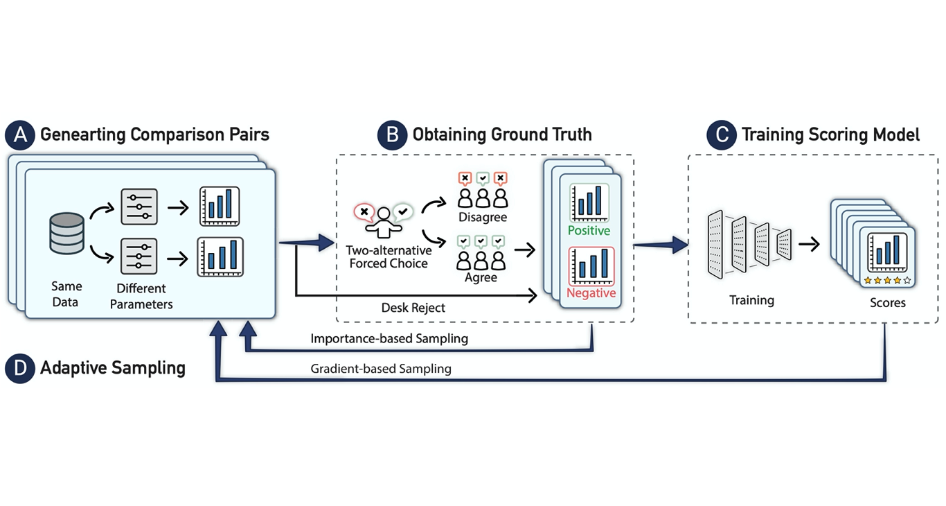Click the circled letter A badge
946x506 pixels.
pyautogui.click(x=20, y=135)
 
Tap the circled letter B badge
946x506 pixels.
pyautogui.click(x=392, y=135)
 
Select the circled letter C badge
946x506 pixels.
pyautogui.click(x=722, y=135)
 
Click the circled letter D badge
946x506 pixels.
pyautogui.click(x=20, y=368)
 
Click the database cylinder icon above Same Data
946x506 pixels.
pyautogui.click(x=67, y=234)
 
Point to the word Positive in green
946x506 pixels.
pyautogui.click(x=589, y=230)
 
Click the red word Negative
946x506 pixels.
pyautogui.click(x=591, y=293)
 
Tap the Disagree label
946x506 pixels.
pyautogui.click(x=483, y=218)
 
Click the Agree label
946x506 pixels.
pyautogui.click(x=481, y=277)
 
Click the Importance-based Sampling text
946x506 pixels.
pyautogui.click(x=389, y=339)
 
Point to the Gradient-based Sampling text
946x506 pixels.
pyautogui.click(x=381, y=369)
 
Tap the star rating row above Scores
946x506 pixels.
pyautogui.click(x=888, y=281)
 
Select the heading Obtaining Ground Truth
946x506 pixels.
pyautogui.click(x=502, y=134)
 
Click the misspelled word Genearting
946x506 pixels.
pyautogui.click(x=80, y=134)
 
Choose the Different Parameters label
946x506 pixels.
pyautogui.click(x=142, y=296)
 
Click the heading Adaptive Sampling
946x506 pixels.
pyautogui.click(x=113, y=368)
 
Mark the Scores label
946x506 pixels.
pyautogui.click(x=888, y=303)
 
